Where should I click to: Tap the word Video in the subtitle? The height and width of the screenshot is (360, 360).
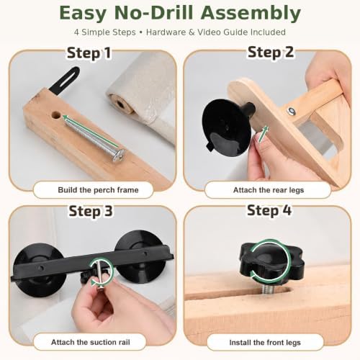point(209,32)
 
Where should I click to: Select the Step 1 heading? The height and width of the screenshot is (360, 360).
point(89,53)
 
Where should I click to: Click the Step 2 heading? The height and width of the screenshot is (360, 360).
point(271,52)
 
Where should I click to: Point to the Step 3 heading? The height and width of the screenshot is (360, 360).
point(91,212)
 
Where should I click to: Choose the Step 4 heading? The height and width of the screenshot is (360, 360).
point(269,210)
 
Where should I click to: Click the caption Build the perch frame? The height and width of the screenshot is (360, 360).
point(98,190)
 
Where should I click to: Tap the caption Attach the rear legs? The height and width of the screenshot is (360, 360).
point(269,190)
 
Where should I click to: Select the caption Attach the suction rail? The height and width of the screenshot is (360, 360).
point(91,342)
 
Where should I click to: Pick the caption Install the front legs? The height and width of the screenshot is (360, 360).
point(265,343)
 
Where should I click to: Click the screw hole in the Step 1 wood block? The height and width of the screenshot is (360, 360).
point(56,115)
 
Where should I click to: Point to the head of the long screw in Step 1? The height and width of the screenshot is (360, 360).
point(118,155)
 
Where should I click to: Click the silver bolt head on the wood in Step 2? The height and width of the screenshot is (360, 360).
point(292,111)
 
